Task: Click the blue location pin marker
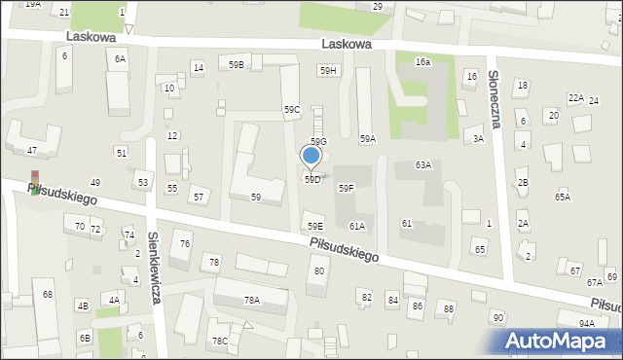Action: (x=311, y=157)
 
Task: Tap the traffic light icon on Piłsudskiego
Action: (x=36, y=181)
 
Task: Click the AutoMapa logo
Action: (x=561, y=341)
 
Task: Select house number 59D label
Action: (x=311, y=180)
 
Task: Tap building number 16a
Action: (x=422, y=61)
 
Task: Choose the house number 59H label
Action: (x=328, y=70)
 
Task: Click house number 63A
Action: (x=423, y=165)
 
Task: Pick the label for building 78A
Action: (x=252, y=301)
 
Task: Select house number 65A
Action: (x=563, y=198)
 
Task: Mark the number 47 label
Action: (x=32, y=151)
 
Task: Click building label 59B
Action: (x=237, y=64)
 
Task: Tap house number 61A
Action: (x=357, y=227)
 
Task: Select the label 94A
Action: (x=586, y=324)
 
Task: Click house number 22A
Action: (x=576, y=98)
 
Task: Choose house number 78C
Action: (x=221, y=341)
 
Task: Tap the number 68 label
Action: (x=48, y=294)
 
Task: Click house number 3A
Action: (x=478, y=139)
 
